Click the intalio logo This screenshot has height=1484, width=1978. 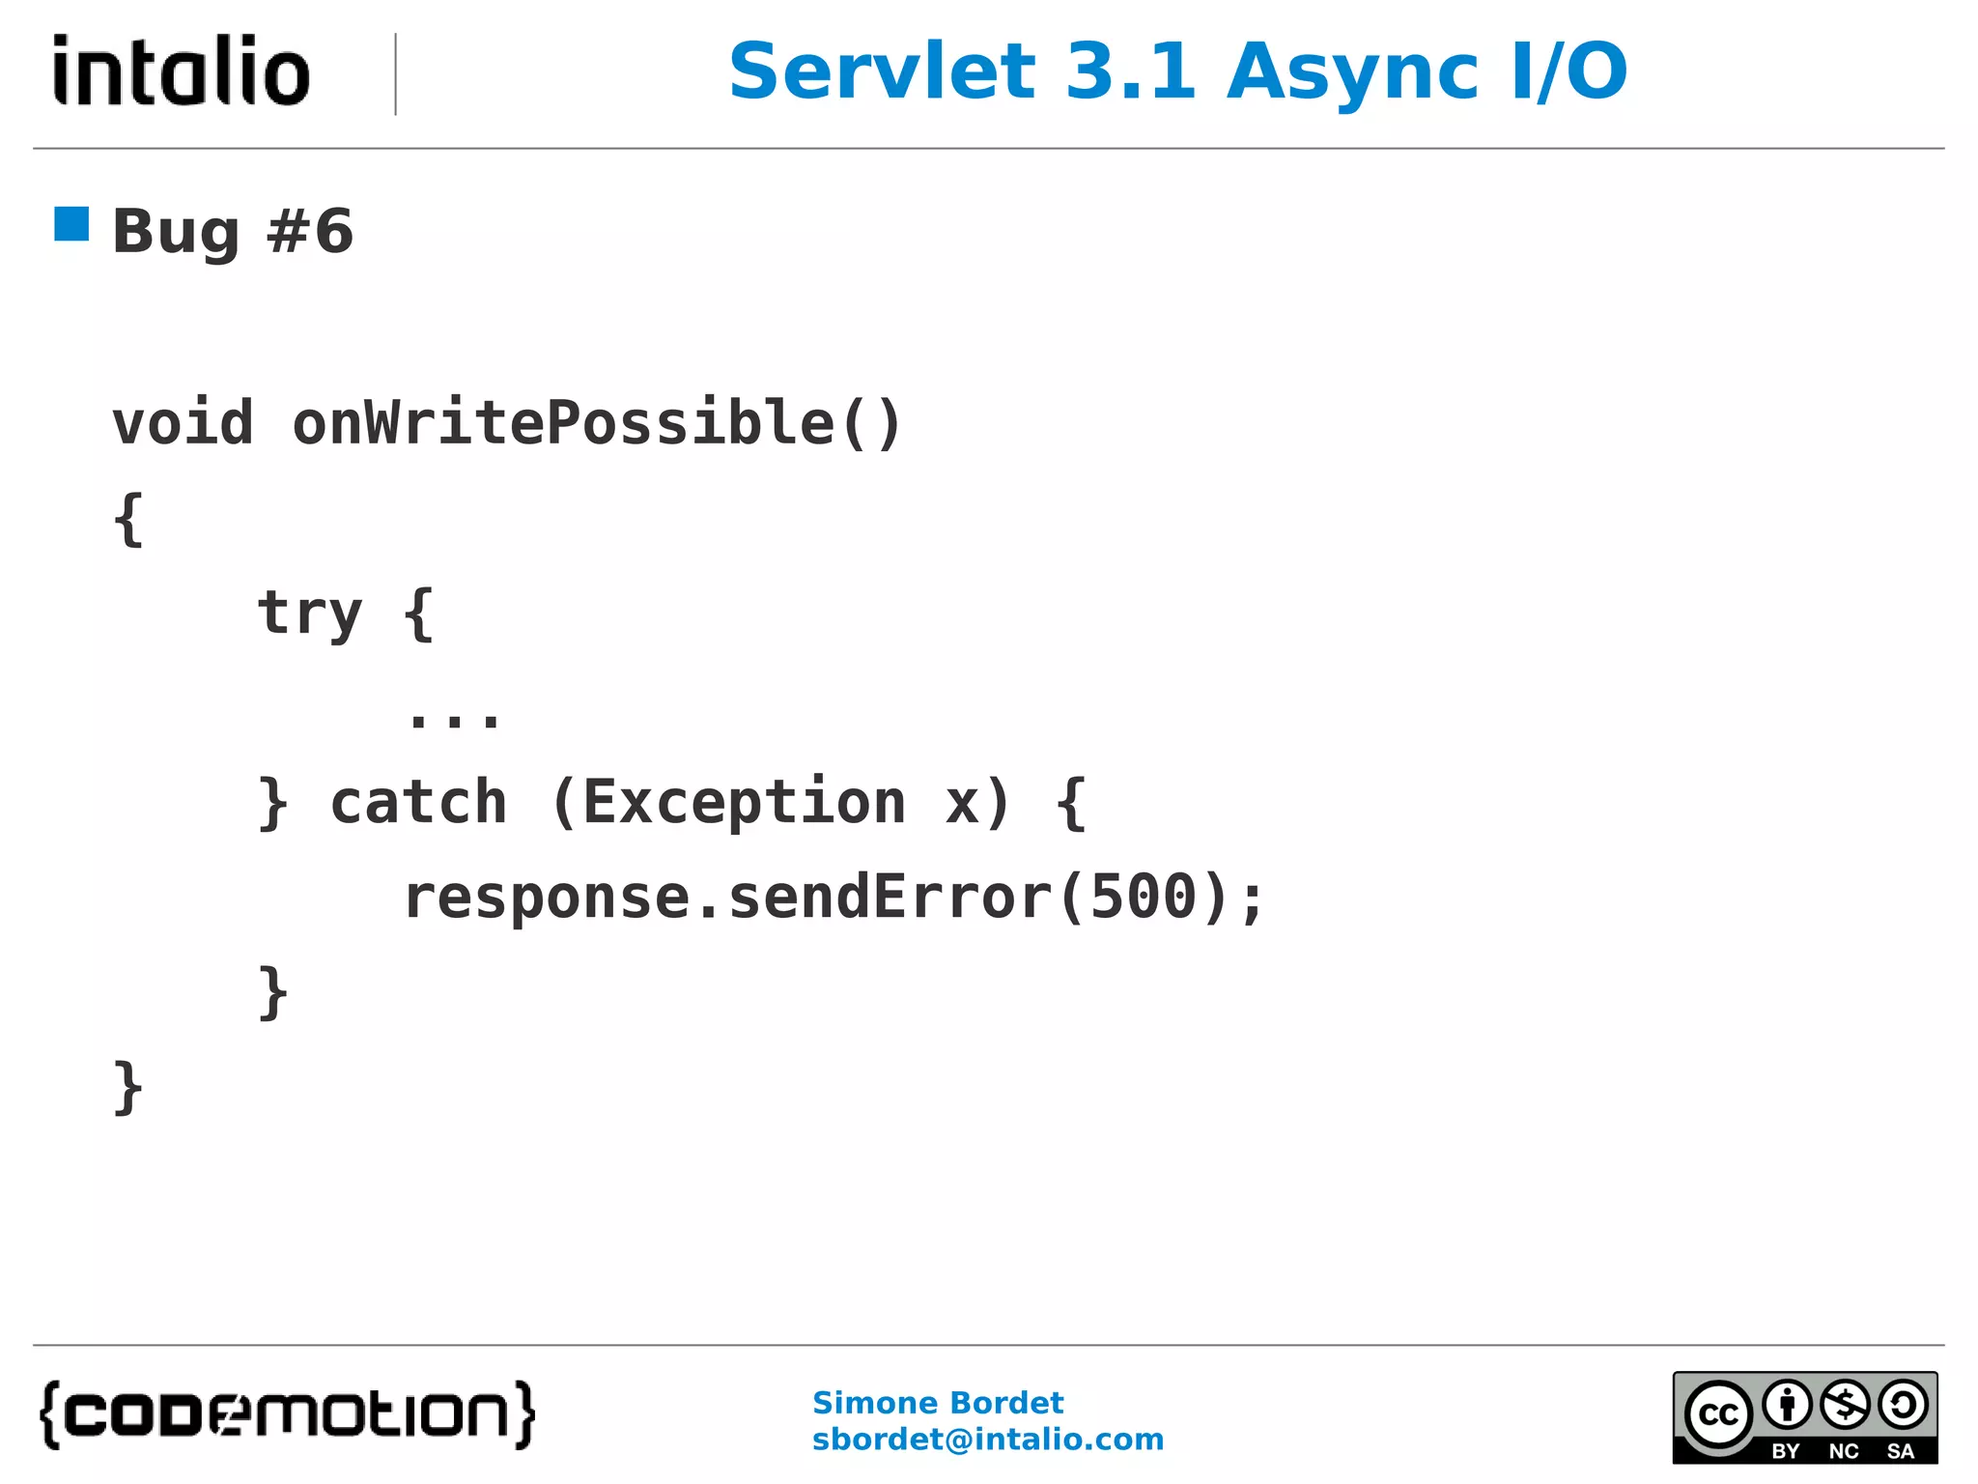pos(182,71)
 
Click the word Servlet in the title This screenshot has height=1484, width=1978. pos(882,71)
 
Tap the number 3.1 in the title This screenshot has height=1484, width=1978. pos(1130,71)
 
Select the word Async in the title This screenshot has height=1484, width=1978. pos(1352,73)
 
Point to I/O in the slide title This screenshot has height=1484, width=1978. pos(1569,71)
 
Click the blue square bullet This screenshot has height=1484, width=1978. pos(71,224)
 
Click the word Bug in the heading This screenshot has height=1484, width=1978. pos(175,233)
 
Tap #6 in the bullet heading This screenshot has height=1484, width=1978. pos(310,232)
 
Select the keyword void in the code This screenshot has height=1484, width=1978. pos(183,423)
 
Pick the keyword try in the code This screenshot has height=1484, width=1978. pos(309,614)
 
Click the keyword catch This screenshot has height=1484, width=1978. pos(418,802)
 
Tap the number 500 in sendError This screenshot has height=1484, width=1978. pos(1144,897)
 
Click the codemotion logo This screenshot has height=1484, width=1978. pos(287,1414)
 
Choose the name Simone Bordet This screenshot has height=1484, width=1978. pos(937,1403)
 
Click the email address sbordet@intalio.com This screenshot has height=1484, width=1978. pos(987,1440)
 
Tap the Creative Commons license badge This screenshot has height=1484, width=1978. pos(1804,1417)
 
